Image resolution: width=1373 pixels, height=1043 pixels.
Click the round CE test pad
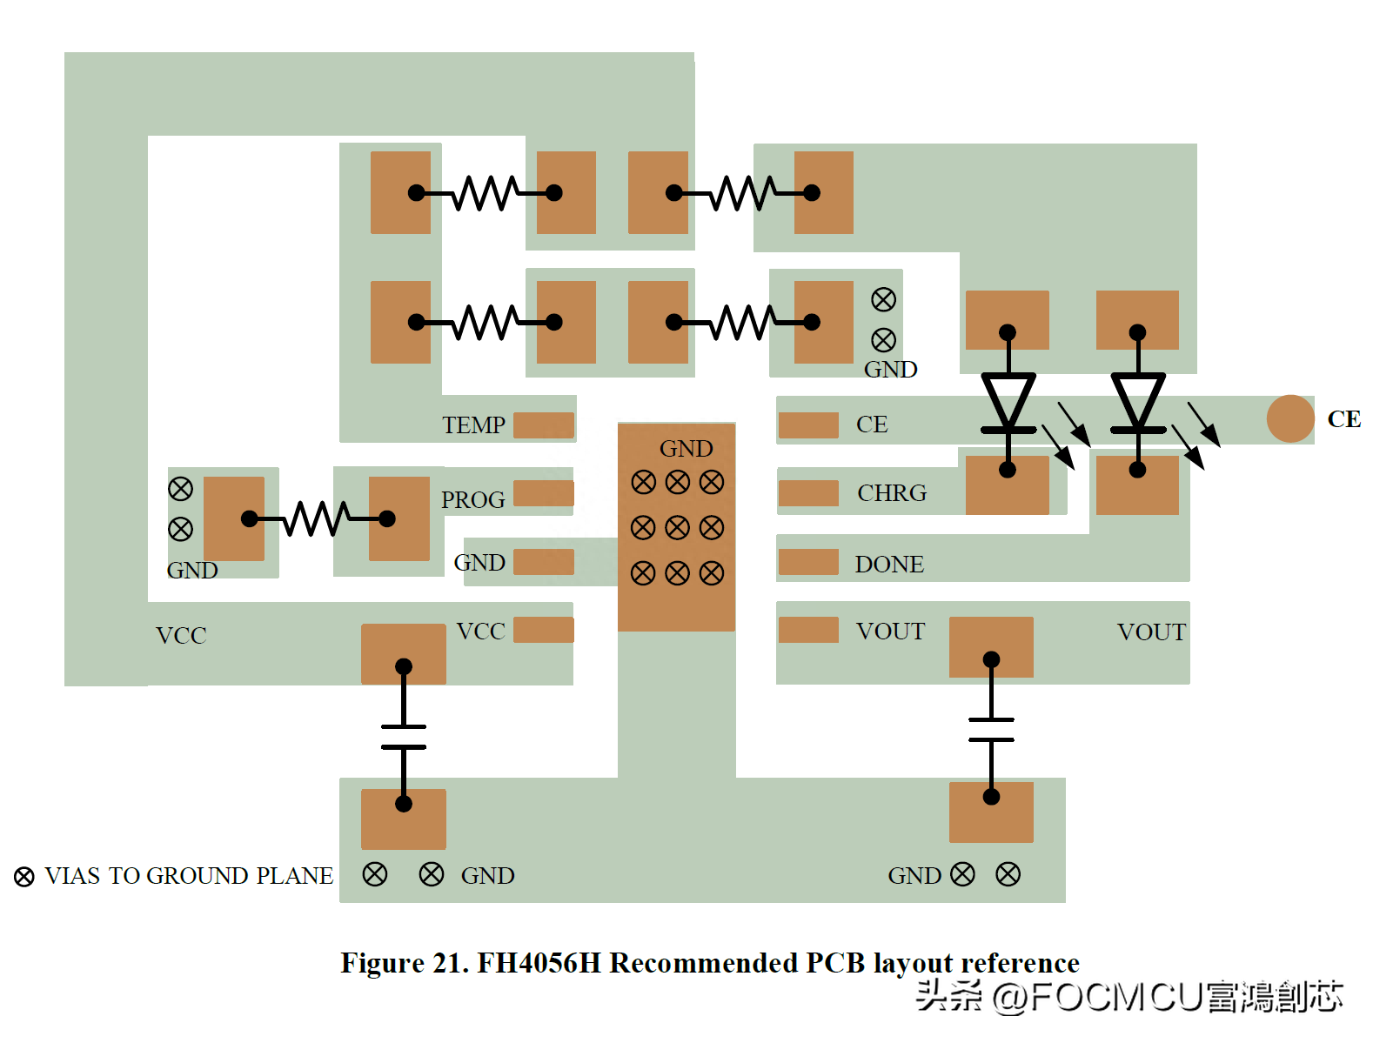1289,418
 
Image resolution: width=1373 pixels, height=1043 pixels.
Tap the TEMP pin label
473,425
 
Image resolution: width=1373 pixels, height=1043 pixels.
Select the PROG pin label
472,499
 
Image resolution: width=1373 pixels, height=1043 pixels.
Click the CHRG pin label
891,492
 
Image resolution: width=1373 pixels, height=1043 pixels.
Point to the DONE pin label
889,564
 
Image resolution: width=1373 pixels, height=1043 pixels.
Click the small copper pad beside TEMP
544,425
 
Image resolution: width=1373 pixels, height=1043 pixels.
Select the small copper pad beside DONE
808,562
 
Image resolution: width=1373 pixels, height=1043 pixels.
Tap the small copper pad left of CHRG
808,492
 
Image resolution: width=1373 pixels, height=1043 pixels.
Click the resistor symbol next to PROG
318,518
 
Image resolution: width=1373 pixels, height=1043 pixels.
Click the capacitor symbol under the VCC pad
404,735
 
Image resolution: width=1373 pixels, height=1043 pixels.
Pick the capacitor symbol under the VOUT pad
991,729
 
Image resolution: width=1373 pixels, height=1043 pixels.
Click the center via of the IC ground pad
677,527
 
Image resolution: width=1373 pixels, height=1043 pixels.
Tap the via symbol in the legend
23,877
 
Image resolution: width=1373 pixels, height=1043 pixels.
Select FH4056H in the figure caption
539,962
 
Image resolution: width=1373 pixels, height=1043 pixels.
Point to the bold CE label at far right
1343,419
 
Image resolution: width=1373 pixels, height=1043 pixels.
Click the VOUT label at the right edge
1151,632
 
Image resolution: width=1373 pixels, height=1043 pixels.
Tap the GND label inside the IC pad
686,448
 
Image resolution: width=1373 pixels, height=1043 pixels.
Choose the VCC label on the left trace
181,635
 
